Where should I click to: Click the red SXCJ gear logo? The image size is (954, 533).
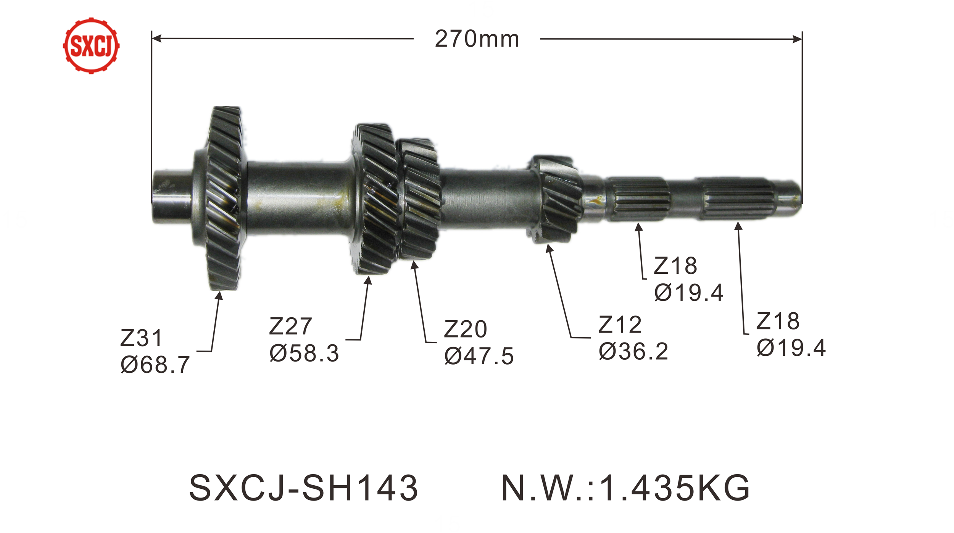[91, 45]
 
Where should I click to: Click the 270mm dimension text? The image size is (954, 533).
[477, 39]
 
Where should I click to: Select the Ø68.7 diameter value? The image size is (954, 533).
[155, 365]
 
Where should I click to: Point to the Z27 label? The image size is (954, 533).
[290, 326]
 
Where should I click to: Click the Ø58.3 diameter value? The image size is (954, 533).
[304, 353]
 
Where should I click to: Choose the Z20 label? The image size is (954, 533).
[466, 329]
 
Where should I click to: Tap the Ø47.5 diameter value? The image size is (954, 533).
[479, 356]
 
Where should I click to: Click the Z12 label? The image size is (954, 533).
[620, 325]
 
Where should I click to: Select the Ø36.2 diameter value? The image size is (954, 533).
[633, 352]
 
